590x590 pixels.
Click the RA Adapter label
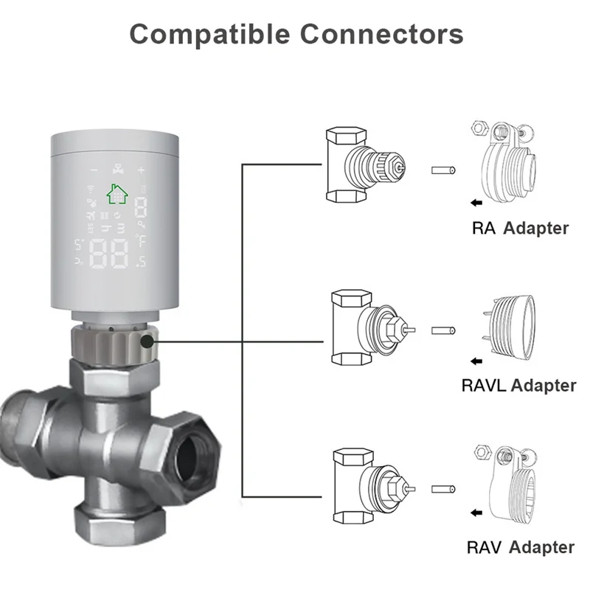click(520, 228)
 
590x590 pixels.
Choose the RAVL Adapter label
click(518, 384)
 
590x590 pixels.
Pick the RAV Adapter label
click(520, 546)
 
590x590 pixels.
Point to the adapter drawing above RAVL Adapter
click(511, 322)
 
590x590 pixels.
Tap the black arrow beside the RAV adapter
click(477, 514)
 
